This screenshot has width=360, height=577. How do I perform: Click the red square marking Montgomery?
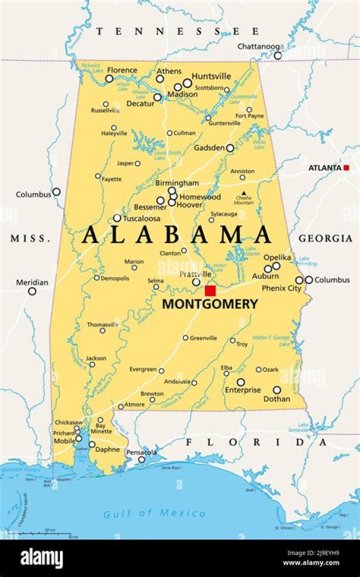210,290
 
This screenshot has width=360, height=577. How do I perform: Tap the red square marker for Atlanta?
346,168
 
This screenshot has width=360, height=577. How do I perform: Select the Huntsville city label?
211,76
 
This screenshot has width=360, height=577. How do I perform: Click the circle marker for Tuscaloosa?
117,218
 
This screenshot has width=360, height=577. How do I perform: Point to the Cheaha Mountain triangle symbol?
243,193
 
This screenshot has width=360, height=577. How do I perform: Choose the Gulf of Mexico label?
154,513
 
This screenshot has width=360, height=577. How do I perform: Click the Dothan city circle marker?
276,390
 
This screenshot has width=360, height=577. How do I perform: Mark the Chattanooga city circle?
277,55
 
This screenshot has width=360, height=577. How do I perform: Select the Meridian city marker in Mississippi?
32,291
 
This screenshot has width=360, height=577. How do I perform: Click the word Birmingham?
176,183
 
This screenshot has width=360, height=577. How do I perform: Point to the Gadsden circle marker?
230,148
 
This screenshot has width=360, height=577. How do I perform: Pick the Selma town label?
155,280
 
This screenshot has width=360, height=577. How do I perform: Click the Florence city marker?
109,78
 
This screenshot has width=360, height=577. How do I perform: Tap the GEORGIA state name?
325,239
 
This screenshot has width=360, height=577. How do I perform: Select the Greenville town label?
203,338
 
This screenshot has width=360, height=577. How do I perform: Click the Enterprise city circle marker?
240,382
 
